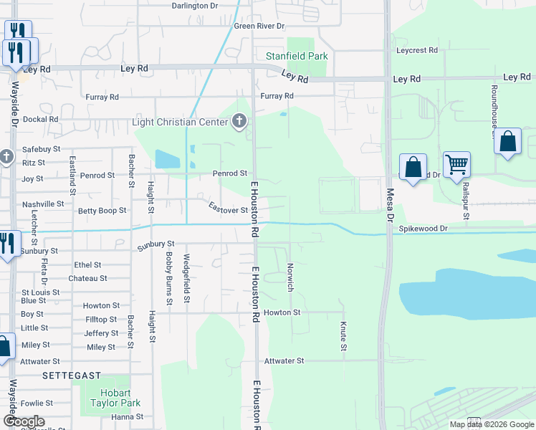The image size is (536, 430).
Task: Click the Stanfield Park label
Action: (297, 56)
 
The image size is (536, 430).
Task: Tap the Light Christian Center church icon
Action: (239, 122)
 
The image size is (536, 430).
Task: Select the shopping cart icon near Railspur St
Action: (456, 165)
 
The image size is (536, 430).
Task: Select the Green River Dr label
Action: (259, 26)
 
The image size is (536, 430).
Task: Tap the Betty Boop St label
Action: (102, 211)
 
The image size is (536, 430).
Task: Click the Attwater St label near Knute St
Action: (284, 361)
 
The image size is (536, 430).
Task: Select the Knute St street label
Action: (343, 336)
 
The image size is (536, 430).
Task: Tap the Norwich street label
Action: (290, 276)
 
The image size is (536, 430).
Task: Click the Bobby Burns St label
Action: (169, 278)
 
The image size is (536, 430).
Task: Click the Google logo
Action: (24, 421)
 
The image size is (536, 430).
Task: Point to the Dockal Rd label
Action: (40, 120)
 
